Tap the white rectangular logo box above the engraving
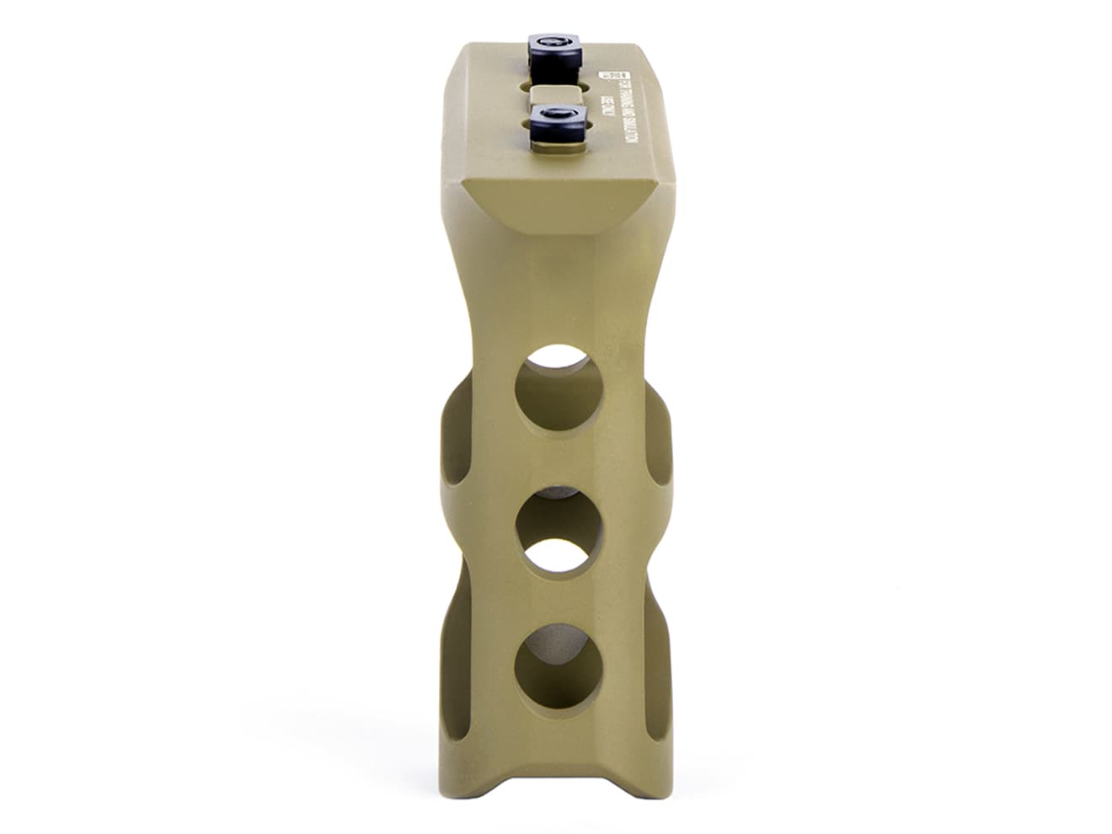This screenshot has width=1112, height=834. [x=604, y=73]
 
